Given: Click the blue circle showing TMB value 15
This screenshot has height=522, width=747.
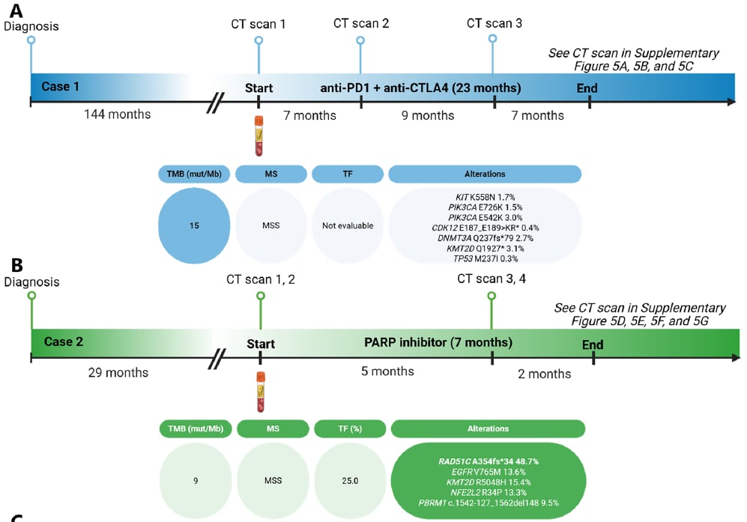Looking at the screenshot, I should pyautogui.click(x=195, y=225).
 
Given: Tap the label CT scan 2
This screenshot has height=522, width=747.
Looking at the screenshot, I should pyautogui.click(x=361, y=23).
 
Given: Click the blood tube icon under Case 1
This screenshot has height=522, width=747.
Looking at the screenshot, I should pyautogui.click(x=258, y=135).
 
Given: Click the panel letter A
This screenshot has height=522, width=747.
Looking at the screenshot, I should pyautogui.click(x=16, y=10).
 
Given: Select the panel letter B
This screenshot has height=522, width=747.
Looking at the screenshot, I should pyautogui.click(x=16, y=264).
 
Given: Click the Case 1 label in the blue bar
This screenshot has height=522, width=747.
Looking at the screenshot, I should pyautogui.click(x=61, y=86).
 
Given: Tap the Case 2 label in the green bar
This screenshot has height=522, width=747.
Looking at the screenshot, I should pyautogui.click(x=63, y=342).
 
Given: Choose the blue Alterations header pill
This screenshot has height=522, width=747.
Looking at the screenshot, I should pyautogui.click(x=485, y=174).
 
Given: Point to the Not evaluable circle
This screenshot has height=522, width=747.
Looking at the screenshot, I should pyautogui.click(x=347, y=225).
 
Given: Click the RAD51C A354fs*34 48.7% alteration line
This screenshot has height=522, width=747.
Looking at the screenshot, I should pyautogui.click(x=489, y=461).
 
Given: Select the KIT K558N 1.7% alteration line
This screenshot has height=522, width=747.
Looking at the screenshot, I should pyautogui.click(x=485, y=196).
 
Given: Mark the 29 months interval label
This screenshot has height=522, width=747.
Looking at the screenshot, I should pyautogui.click(x=118, y=372).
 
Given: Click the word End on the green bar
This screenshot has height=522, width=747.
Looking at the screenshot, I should pyautogui.click(x=593, y=345).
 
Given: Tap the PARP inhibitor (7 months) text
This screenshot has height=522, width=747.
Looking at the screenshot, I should pyautogui.click(x=438, y=343).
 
